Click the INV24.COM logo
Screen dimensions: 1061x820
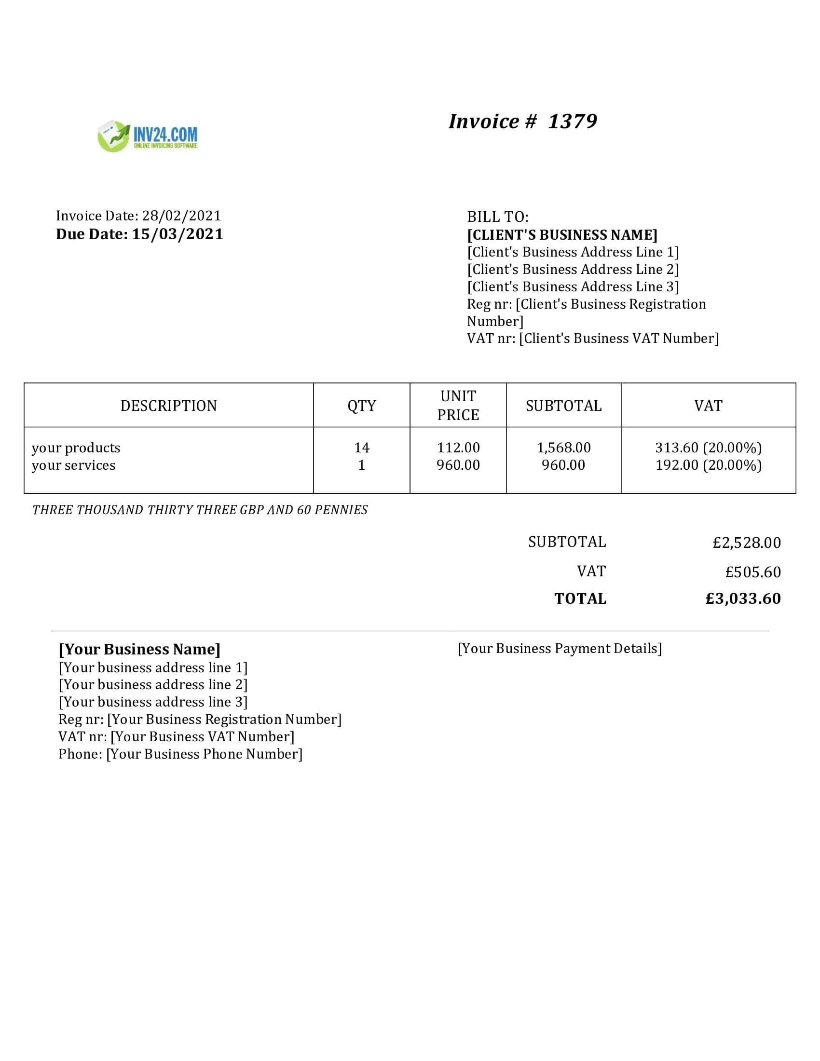point(148,136)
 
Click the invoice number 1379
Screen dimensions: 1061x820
point(572,122)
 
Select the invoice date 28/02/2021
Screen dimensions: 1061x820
point(181,216)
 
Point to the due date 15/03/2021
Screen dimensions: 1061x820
point(178,234)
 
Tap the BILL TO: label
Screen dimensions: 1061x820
point(497,217)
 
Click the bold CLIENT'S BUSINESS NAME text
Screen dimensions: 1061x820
point(562,235)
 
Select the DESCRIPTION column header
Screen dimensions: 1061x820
point(168,406)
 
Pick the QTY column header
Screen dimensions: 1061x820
point(361,406)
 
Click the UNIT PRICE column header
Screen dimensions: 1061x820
point(458,406)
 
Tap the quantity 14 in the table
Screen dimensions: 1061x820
point(361,448)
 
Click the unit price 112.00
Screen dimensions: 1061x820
point(458,448)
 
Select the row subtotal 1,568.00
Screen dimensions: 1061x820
point(563,448)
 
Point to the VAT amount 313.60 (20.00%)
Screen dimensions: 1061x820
point(708,448)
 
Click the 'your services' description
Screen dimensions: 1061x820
point(74,465)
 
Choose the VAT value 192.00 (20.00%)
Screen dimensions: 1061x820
point(708,465)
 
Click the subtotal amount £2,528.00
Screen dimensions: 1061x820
point(747,543)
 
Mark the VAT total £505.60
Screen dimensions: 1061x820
point(753,572)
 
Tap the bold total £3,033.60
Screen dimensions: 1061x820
point(743,599)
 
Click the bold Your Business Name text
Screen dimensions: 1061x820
point(139,650)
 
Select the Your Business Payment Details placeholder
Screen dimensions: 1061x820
point(560,649)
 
